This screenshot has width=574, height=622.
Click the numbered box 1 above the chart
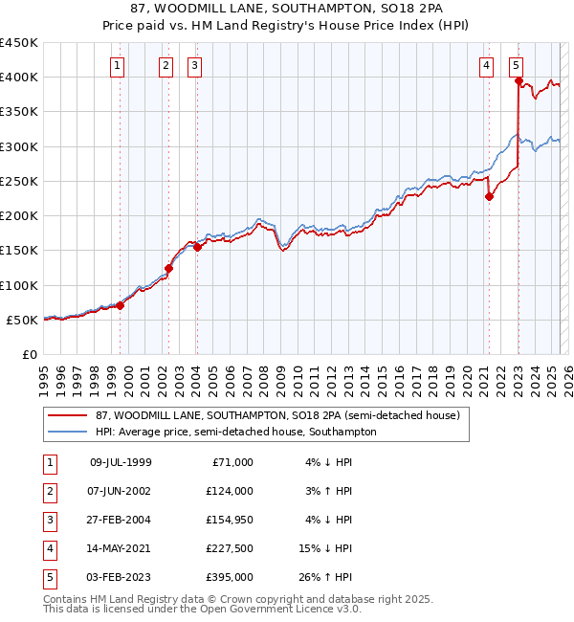(x=117, y=66)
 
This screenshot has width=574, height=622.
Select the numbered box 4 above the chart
(x=487, y=66)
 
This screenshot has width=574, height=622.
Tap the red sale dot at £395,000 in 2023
(x=518, y=81)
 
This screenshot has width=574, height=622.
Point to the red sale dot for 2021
(x=489, y=197)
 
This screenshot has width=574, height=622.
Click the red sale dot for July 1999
(x=121, y=305)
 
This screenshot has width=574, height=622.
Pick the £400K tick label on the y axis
(x=19, y=78)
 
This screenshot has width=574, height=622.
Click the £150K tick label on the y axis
(x=19, y=251)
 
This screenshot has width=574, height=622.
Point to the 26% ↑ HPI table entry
(x=326, y=577)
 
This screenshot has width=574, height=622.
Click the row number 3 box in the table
(x=51, y=520)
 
